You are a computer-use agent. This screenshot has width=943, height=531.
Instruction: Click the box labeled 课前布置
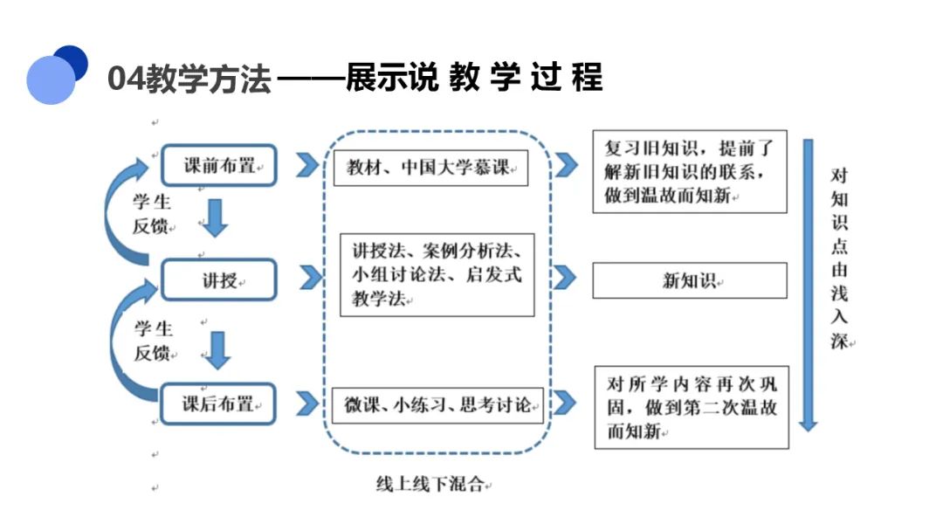pyautogui.click(x=219, y=165)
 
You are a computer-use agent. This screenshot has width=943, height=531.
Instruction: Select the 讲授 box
pyautogui.click(x=219, y=279)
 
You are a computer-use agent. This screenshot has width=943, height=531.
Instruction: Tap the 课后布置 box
pyautogui.click(x=217, y=403)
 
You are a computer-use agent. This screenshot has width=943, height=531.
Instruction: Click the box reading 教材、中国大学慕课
pyautogui.click(x=430, y=168)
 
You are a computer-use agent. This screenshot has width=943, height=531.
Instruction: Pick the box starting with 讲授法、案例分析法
pyautogui.click(x=437, y=275)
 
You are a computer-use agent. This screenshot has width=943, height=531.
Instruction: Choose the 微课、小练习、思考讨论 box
pyautogui.click(x=437, y=405)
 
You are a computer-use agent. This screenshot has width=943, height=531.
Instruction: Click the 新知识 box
pyautogui.click(x=690, y=280)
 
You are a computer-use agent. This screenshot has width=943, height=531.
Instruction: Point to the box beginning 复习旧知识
pyautogui.click(x=690, y=171)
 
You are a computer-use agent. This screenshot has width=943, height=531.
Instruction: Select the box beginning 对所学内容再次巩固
pyautogui.click(x=692, y=407)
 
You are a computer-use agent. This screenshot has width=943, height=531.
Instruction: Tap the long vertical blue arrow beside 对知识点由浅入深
pyautogui.click(x=808, y=285)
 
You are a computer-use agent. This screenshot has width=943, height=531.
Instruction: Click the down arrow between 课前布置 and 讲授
pyautogui.click(x=215, y=217)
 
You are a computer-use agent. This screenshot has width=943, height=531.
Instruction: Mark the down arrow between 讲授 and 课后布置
pyautogui.click(x=217, y=350)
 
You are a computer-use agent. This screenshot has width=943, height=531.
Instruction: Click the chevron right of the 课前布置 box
pyautogui.click(x=307, y=165)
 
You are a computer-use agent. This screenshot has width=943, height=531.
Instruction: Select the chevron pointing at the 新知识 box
pyautogui.click(x=564, y=277)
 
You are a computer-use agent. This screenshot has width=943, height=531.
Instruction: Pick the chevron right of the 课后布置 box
pyautogui.click(x=307, y=403)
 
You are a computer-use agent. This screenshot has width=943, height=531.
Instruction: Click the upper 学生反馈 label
pyautogui.click(x=152, y=214)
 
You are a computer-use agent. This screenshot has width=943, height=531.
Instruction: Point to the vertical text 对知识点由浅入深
pyautogui.click(x=840, y=259)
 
